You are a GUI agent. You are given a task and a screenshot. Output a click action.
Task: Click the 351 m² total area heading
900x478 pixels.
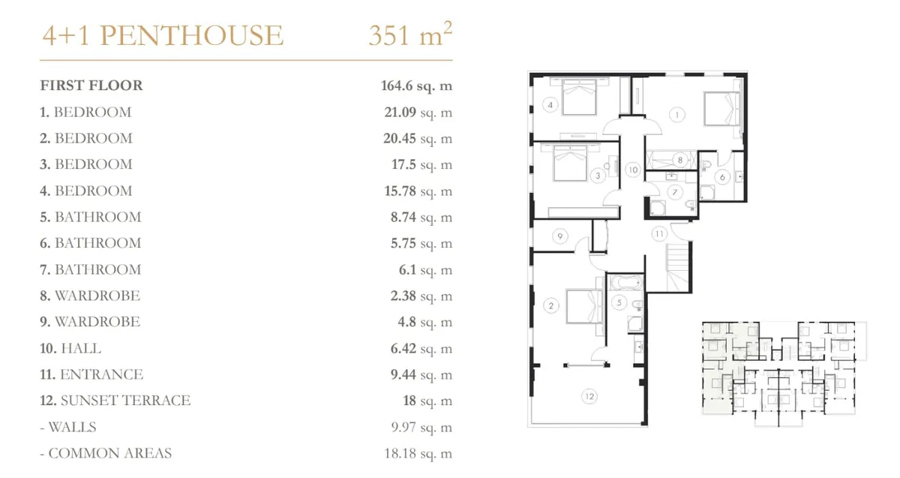pos(410,35)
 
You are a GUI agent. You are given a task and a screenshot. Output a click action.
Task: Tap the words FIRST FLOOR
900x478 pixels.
pos(91,86)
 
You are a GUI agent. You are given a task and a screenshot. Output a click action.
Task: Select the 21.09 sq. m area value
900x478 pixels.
pos(418,112)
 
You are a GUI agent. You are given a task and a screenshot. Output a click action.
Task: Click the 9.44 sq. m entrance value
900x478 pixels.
pos(421,374)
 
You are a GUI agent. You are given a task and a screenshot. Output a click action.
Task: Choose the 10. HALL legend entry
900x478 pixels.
pos(70,348)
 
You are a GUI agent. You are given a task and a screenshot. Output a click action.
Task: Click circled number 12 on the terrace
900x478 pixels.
pos(589,397)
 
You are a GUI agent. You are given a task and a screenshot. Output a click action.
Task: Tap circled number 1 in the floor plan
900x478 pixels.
pos(677,115)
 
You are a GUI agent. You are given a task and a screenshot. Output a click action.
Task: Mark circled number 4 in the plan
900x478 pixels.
pos(550,105)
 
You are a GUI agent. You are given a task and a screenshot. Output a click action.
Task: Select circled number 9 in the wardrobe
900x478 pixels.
pos(560,236)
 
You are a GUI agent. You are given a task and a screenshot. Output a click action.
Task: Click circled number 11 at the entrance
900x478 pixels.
pos(659,233)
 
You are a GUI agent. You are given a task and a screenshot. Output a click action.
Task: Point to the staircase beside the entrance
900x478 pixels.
pos(678,267)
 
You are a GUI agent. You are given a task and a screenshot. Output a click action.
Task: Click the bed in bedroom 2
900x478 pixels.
pos(584,306)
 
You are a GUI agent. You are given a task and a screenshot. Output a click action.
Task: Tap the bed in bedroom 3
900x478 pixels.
pos(570,163)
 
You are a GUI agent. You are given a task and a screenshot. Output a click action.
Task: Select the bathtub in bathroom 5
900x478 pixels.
pos(625,282)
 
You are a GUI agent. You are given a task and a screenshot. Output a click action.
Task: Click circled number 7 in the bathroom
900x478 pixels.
pos(675,192)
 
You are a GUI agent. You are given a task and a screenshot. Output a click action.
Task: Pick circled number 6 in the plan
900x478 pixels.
pos(722,177)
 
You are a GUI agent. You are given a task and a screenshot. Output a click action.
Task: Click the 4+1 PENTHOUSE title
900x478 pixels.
pos(163,35)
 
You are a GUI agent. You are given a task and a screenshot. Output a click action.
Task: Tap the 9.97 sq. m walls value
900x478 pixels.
pos(421,427)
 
